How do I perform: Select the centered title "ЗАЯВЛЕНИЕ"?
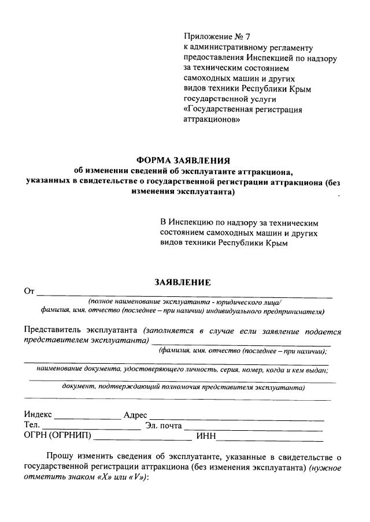pos(183,282)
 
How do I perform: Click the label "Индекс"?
pos(38,415)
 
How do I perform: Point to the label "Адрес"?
pos(136,415)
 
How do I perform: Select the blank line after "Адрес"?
pos(237,417)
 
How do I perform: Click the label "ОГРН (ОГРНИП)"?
pos(57,436)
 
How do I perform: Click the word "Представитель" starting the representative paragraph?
pos(53,331)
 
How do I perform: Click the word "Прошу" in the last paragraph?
pos(59,457)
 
